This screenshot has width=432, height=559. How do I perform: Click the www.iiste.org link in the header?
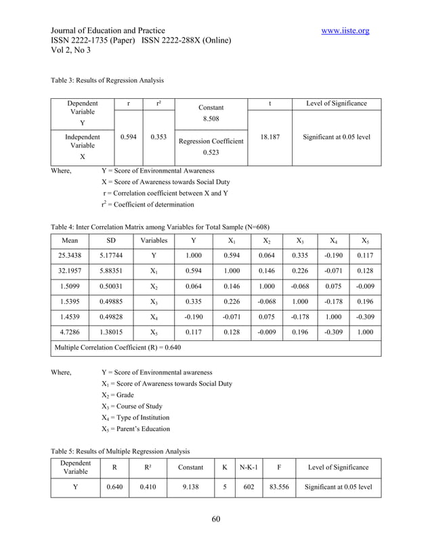(x=345, y=30)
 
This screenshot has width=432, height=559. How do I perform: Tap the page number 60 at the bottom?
(x=216, y=519)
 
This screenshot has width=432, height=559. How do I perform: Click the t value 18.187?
(x=272, y=137)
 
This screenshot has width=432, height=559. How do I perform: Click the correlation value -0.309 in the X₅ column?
(x=364, y=316)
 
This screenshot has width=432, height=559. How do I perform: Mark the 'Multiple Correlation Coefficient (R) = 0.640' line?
(x=118, y=348)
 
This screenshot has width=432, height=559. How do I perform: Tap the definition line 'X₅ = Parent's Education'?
(x=135, y=428)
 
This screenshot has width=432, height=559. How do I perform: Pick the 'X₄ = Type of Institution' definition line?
(x=135, y=417)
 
